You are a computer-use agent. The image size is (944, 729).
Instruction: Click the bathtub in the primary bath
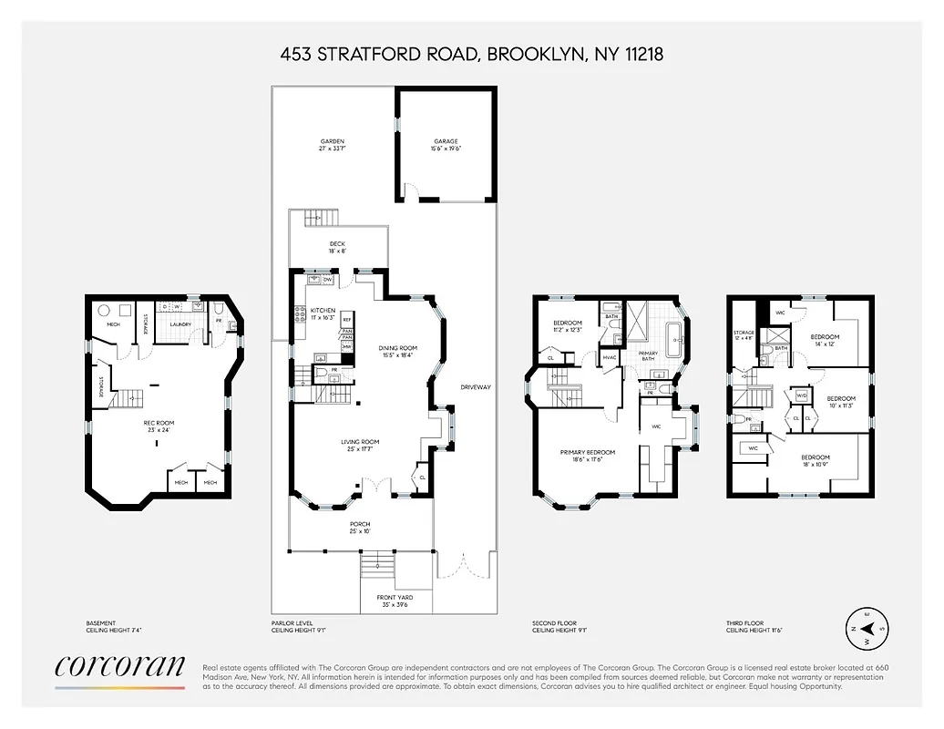click(x=673, y=339)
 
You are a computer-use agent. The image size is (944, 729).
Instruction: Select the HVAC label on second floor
click(x=611, y=358)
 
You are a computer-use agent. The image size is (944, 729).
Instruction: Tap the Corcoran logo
click(x=119, y=666)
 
